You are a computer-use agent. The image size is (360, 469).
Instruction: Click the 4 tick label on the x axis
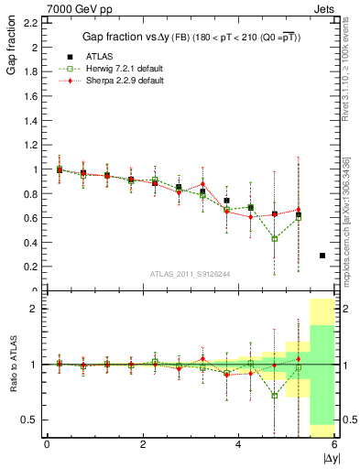click(238, 443)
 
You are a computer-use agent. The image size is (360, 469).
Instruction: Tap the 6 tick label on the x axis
click(334, 443)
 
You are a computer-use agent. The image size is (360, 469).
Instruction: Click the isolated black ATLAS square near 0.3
click(322, 256)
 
